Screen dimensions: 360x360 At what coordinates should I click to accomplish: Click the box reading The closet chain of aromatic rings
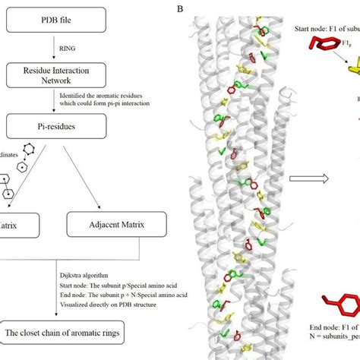click(70, 333)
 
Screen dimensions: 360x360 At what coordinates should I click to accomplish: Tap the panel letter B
click(179, 8)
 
